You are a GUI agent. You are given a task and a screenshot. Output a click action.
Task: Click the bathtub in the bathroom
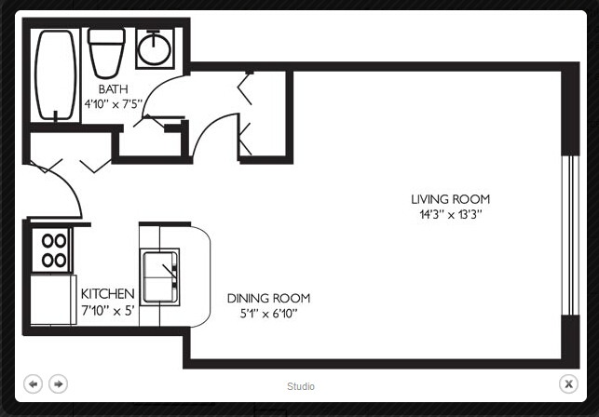tap(55, 75)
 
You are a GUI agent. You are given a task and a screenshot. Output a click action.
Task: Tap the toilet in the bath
tap(106, 53)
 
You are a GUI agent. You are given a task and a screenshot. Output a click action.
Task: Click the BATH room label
tap(113, 89)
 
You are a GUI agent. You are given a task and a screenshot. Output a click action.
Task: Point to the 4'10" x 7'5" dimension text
tap(114, 104)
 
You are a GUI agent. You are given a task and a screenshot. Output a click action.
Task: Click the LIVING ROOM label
tap(450, 199)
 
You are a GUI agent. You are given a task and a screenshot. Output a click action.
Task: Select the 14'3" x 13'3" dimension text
tap(451, 215)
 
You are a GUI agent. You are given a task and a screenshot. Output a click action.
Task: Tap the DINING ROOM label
tap(268, 298)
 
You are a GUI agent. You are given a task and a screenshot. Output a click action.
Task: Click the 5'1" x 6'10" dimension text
tap(268, 314)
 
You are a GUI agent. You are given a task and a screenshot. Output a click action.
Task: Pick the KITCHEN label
tap(108, 294)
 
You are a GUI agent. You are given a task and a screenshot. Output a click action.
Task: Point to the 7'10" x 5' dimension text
tap(108, 311)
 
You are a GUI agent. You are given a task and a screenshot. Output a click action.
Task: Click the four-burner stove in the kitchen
tap(51, 250)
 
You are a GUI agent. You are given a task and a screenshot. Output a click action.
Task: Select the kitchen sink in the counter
tap(159, 276)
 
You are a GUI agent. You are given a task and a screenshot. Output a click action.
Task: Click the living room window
tap(570, 235)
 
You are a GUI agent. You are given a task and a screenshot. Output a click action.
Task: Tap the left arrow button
tap(34, 383)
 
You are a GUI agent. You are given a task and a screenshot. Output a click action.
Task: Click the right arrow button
tap(58, 383)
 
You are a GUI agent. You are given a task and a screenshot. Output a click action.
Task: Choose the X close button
tap(568, 383)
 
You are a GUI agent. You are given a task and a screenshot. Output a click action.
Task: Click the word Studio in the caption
tap(301, 386)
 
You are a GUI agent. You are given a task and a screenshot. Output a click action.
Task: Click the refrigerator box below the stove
tap(53, 300)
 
